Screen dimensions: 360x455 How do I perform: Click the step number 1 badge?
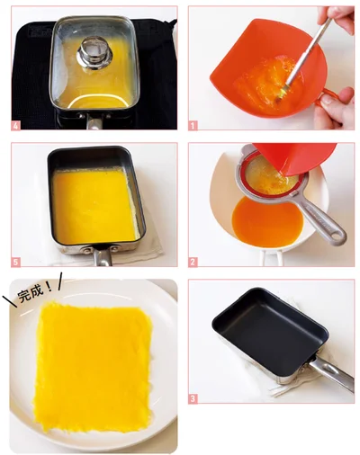pos(193,126)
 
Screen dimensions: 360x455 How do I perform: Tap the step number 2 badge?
pos(193,262)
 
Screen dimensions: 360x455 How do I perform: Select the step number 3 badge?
pos(193,399)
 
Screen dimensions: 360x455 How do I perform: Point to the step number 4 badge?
pos(16,126)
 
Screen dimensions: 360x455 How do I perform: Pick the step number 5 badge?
pos(16,262)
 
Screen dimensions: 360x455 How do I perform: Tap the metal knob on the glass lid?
pos(94,54)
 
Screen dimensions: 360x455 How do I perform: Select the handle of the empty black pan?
pos(331,375)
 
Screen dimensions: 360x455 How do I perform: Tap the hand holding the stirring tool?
pos(337,18)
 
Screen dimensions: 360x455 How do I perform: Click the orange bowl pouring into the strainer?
pos(295,159)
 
